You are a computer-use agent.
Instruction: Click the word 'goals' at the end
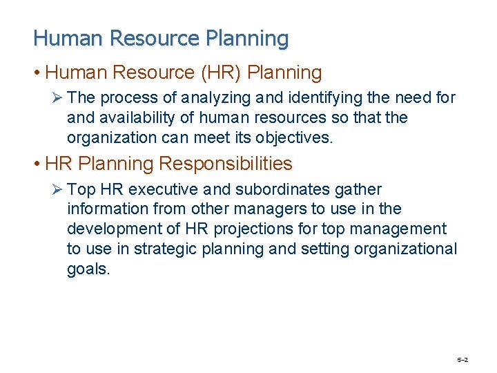[x=88, y=268]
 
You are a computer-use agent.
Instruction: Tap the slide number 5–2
[x=462, y=360]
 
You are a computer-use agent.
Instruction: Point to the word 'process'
[x=124, y=98]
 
